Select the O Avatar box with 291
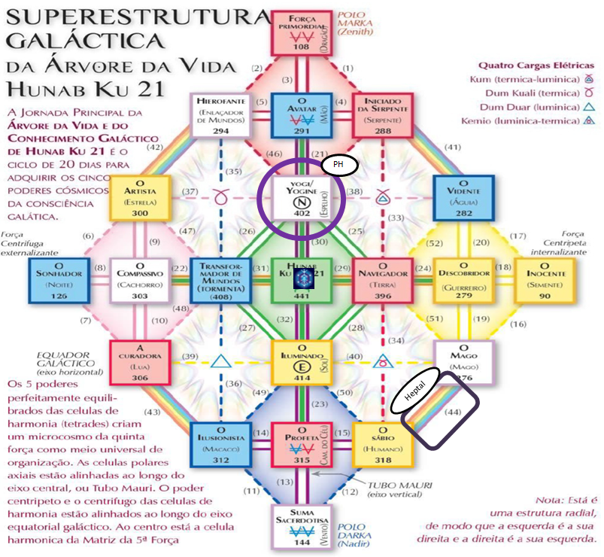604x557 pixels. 300,115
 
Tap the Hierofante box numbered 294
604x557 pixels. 221,115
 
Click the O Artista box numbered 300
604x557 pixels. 140,197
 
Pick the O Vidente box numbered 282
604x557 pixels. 463,197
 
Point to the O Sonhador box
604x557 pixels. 62,280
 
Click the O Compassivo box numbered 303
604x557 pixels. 140,280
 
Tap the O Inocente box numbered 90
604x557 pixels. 543,280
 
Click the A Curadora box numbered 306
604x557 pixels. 140,361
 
